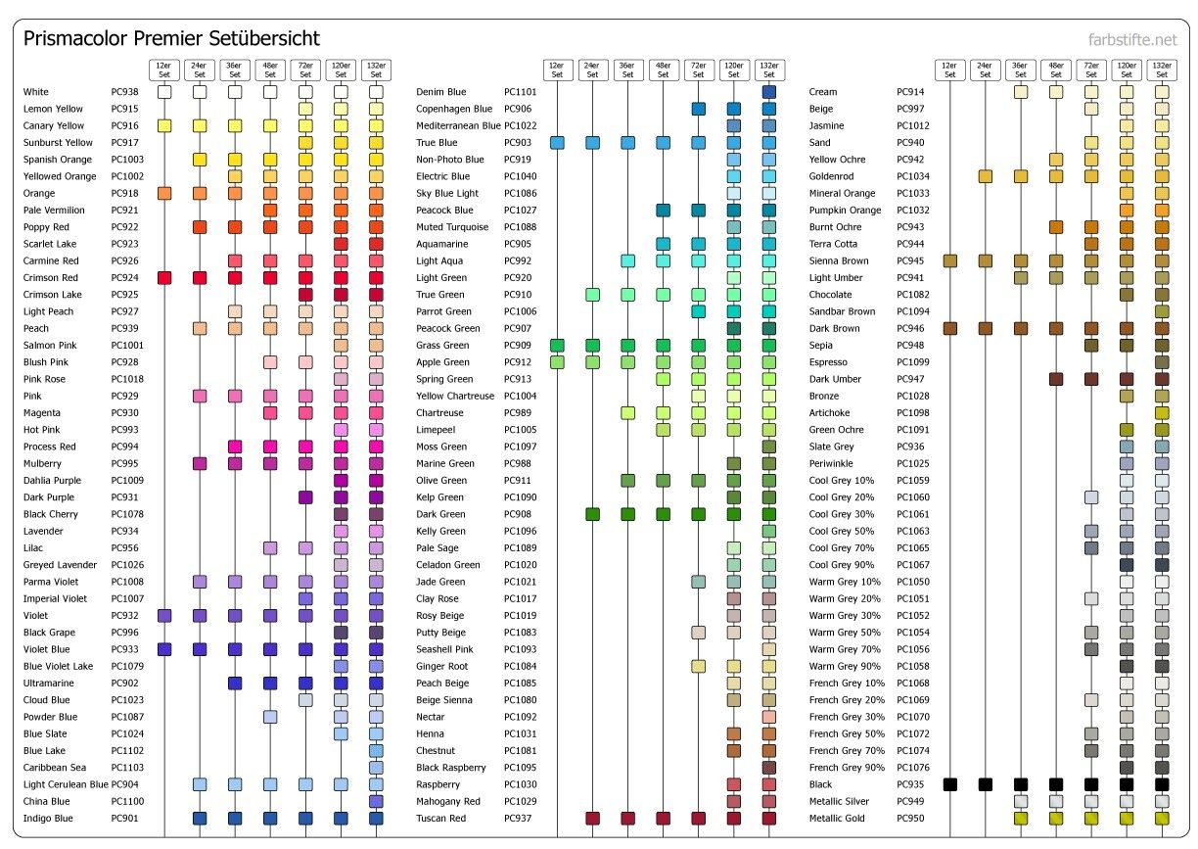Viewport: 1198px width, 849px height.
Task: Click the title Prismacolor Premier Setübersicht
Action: coord(171,39)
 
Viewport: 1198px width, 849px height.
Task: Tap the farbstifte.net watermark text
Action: coord(1132,40)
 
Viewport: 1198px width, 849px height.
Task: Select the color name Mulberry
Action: coord(43,463)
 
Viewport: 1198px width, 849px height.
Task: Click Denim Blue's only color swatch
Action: coord(768,92)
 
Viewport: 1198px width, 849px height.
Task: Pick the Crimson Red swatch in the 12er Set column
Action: coord(164,278)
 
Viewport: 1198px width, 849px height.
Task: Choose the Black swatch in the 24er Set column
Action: coord(986,784)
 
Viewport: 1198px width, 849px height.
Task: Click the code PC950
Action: coord(910,818)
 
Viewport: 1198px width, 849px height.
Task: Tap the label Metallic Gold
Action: coord(837,818)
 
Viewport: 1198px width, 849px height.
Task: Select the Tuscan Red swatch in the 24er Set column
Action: coord(592,818)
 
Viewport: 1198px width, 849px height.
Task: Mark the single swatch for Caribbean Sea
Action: coord(376,768)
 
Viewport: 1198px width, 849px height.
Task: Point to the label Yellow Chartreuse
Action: coord(455,396)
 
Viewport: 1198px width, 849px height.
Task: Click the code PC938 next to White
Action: coord(124,92)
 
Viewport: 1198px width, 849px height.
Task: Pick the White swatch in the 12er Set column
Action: coord(164,92)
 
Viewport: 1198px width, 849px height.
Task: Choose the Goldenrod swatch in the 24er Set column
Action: coord(986,176)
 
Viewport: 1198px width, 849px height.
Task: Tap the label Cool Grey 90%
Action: coord(842,565)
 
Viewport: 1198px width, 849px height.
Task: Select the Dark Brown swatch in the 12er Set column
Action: coord(949,328)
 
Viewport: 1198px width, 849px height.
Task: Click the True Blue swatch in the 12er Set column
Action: coord(557,143)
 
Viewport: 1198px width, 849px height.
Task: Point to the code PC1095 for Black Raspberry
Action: coord(520,768)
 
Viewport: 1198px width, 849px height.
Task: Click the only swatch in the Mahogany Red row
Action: coord(768,801)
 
